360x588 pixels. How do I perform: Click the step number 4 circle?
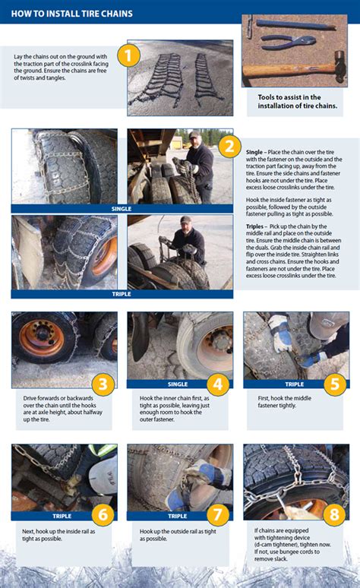coord(218,384)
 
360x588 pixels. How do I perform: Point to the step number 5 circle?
coord(335,383)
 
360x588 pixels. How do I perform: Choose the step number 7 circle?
coord(218,516)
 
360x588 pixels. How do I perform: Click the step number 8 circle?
coord(335,516)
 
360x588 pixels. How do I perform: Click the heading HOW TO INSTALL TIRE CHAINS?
coord(71,14)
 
